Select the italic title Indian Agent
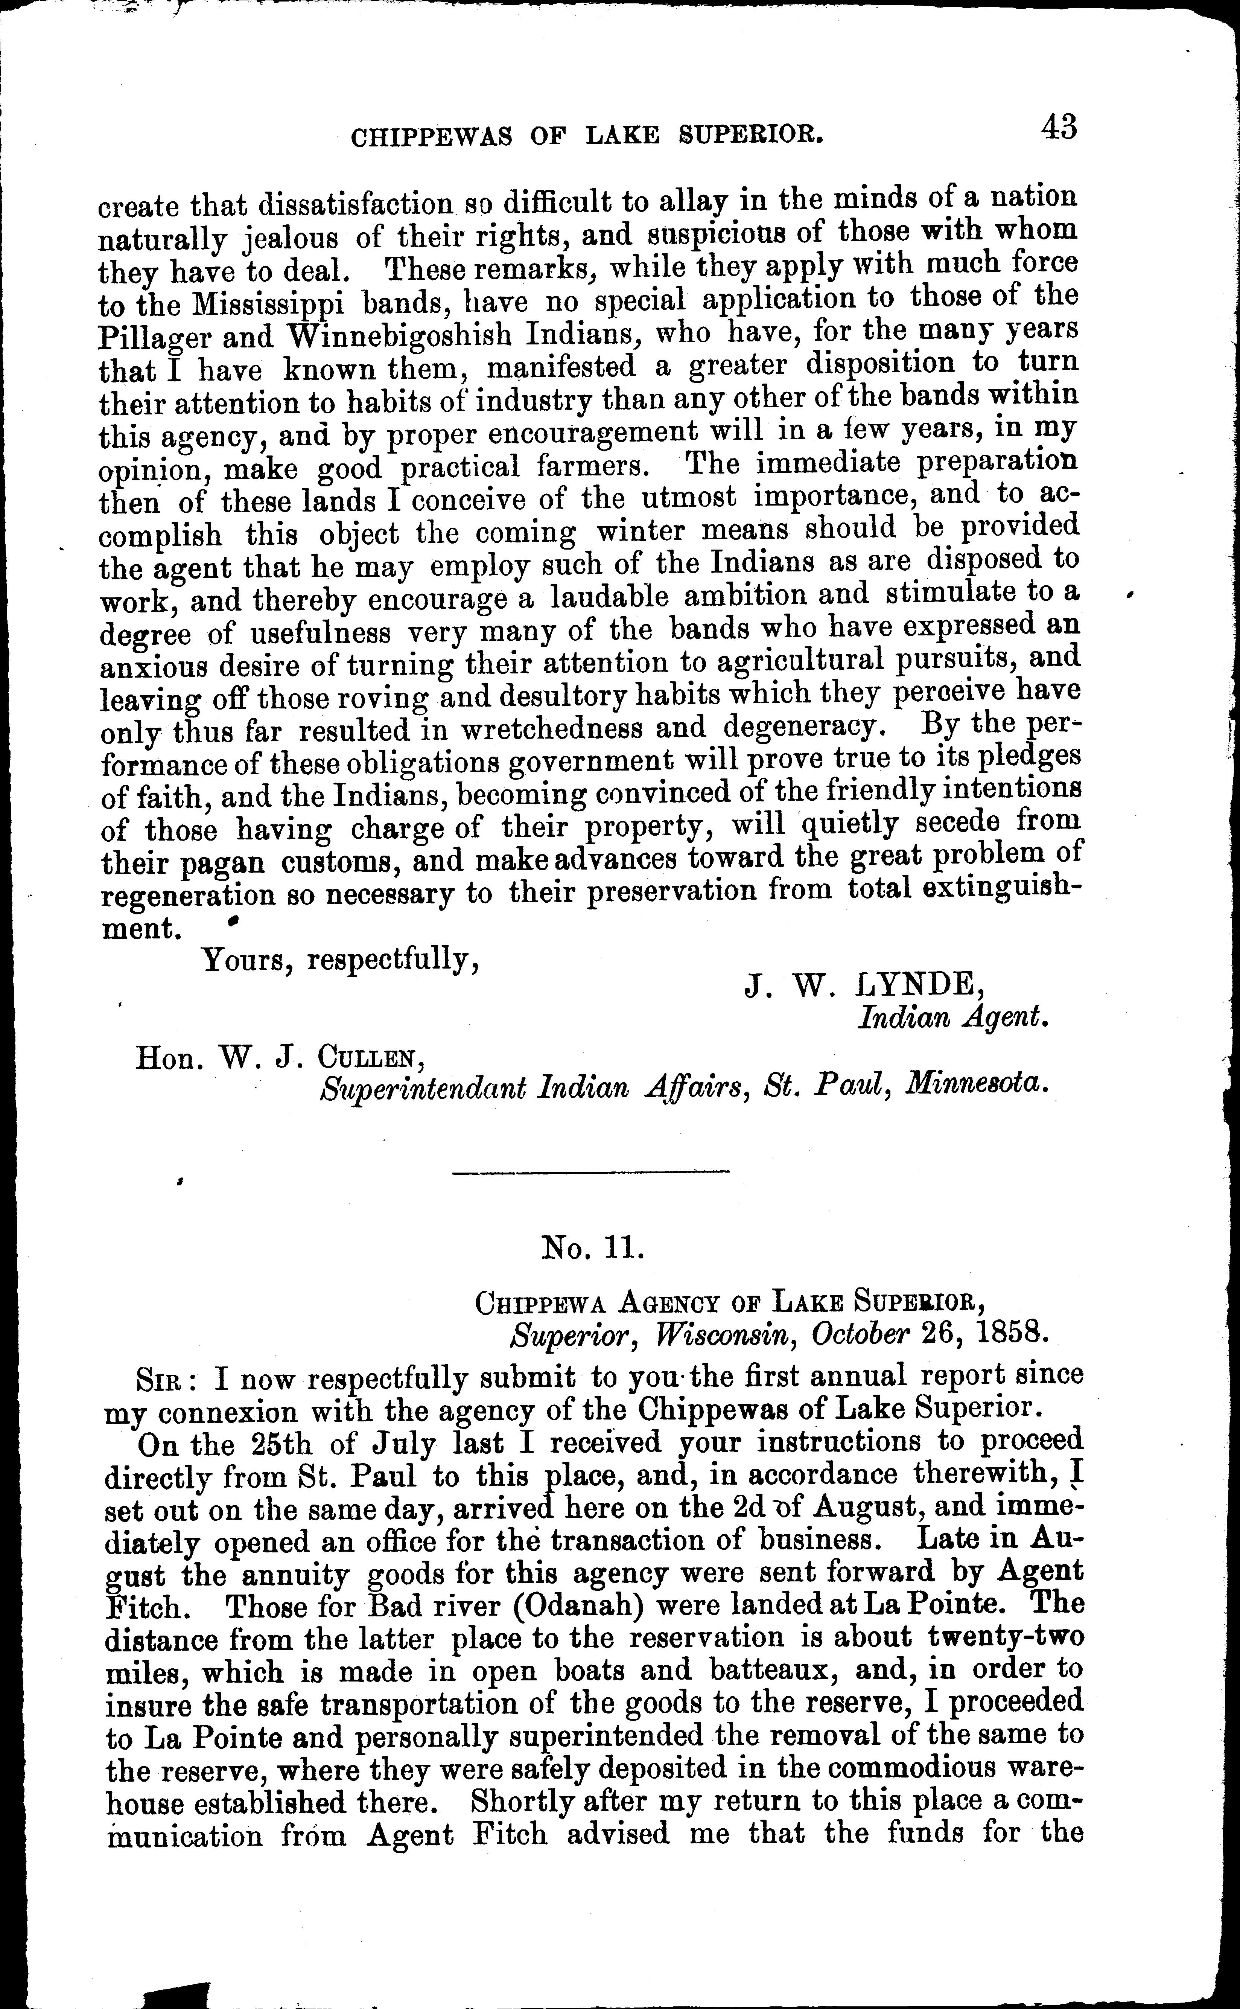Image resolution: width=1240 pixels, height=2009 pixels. point(953,1019)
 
